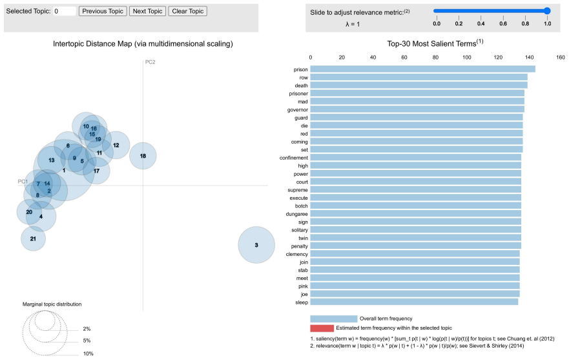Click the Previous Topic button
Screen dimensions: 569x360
103,11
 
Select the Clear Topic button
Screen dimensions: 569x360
187,11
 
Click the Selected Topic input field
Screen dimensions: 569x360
65,11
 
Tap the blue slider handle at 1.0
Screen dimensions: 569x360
547,11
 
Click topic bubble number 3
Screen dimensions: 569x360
256,245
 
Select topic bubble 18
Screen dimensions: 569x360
143,156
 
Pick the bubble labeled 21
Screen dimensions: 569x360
33,238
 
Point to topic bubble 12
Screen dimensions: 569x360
116,145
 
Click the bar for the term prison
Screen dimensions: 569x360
423,69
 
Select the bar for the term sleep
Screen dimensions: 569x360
414,302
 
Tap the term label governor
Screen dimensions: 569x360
298,110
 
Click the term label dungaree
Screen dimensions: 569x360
296,214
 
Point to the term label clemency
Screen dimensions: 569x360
296,254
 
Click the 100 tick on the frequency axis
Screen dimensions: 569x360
467,58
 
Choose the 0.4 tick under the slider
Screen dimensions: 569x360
481,24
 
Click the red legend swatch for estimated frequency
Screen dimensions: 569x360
322,328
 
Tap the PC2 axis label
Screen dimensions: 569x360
150,62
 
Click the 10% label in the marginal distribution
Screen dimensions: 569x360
88,354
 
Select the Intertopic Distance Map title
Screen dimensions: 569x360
143,44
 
